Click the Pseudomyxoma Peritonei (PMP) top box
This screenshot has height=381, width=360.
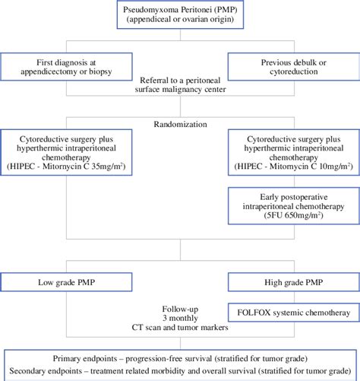coord(180,14)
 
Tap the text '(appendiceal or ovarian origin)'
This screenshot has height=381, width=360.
coord(180,20)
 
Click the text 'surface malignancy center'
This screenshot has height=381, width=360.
coord(180,90)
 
